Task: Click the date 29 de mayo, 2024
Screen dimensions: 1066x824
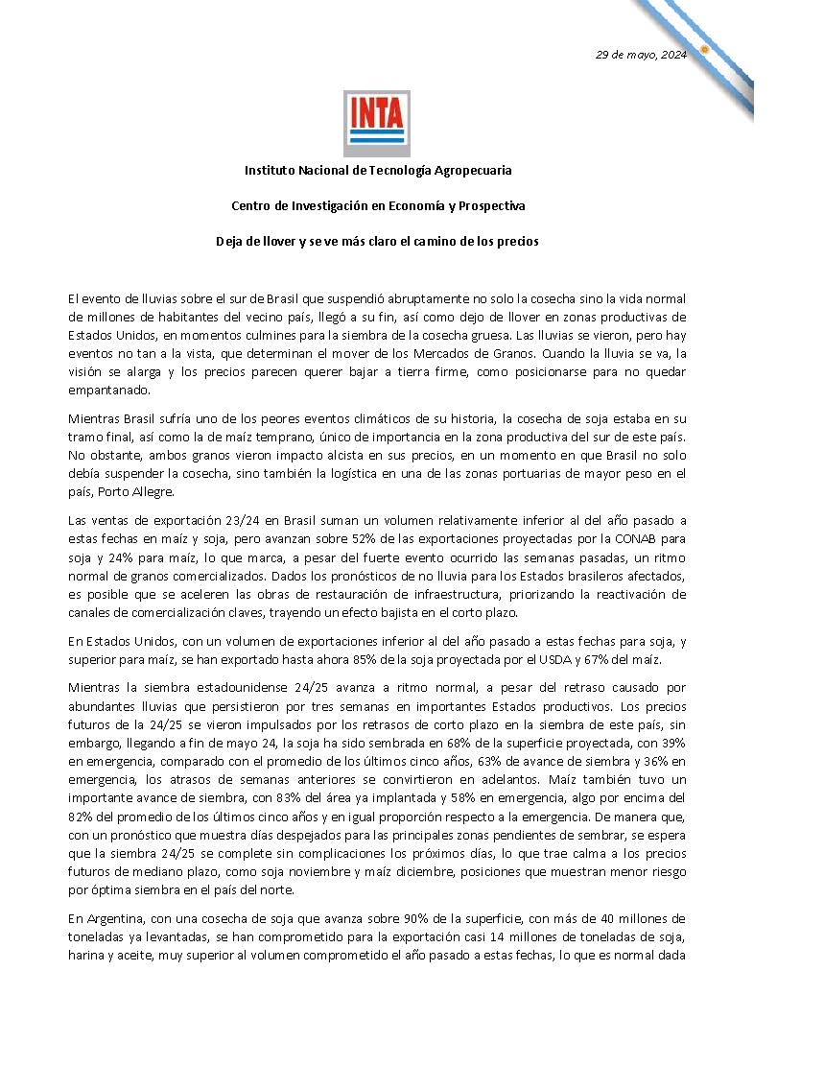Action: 641,55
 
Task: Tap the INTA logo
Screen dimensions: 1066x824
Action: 377,123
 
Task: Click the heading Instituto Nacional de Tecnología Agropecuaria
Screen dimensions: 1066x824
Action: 378,170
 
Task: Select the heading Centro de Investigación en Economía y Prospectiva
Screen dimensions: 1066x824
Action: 378,205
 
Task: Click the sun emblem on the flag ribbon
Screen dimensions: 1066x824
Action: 704,49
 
